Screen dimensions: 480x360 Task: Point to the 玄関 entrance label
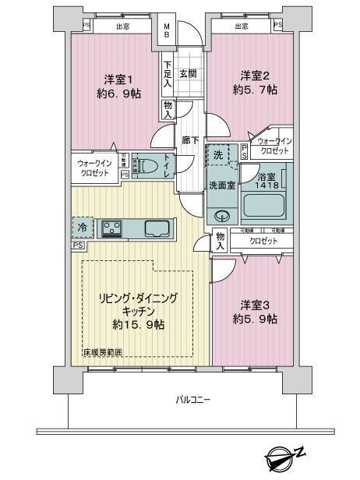pyautogui.click(x=188, y=74)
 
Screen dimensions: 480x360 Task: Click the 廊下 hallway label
pyautogui.click(x=190, y=140)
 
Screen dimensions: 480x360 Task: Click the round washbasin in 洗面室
pyautogui.click(x=222, y=216)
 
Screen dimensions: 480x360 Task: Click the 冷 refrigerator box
pyautogui.click(x=83, y=228)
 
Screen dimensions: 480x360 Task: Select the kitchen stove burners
pyautogui.click(x=110, y=228)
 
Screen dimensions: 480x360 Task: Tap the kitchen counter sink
pyautogui.click(x=156, y=228)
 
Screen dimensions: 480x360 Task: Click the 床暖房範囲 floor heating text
pyautogui.click(x=103, y=353)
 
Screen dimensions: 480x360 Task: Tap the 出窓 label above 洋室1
pyautogui.click(x=123, y=26)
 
